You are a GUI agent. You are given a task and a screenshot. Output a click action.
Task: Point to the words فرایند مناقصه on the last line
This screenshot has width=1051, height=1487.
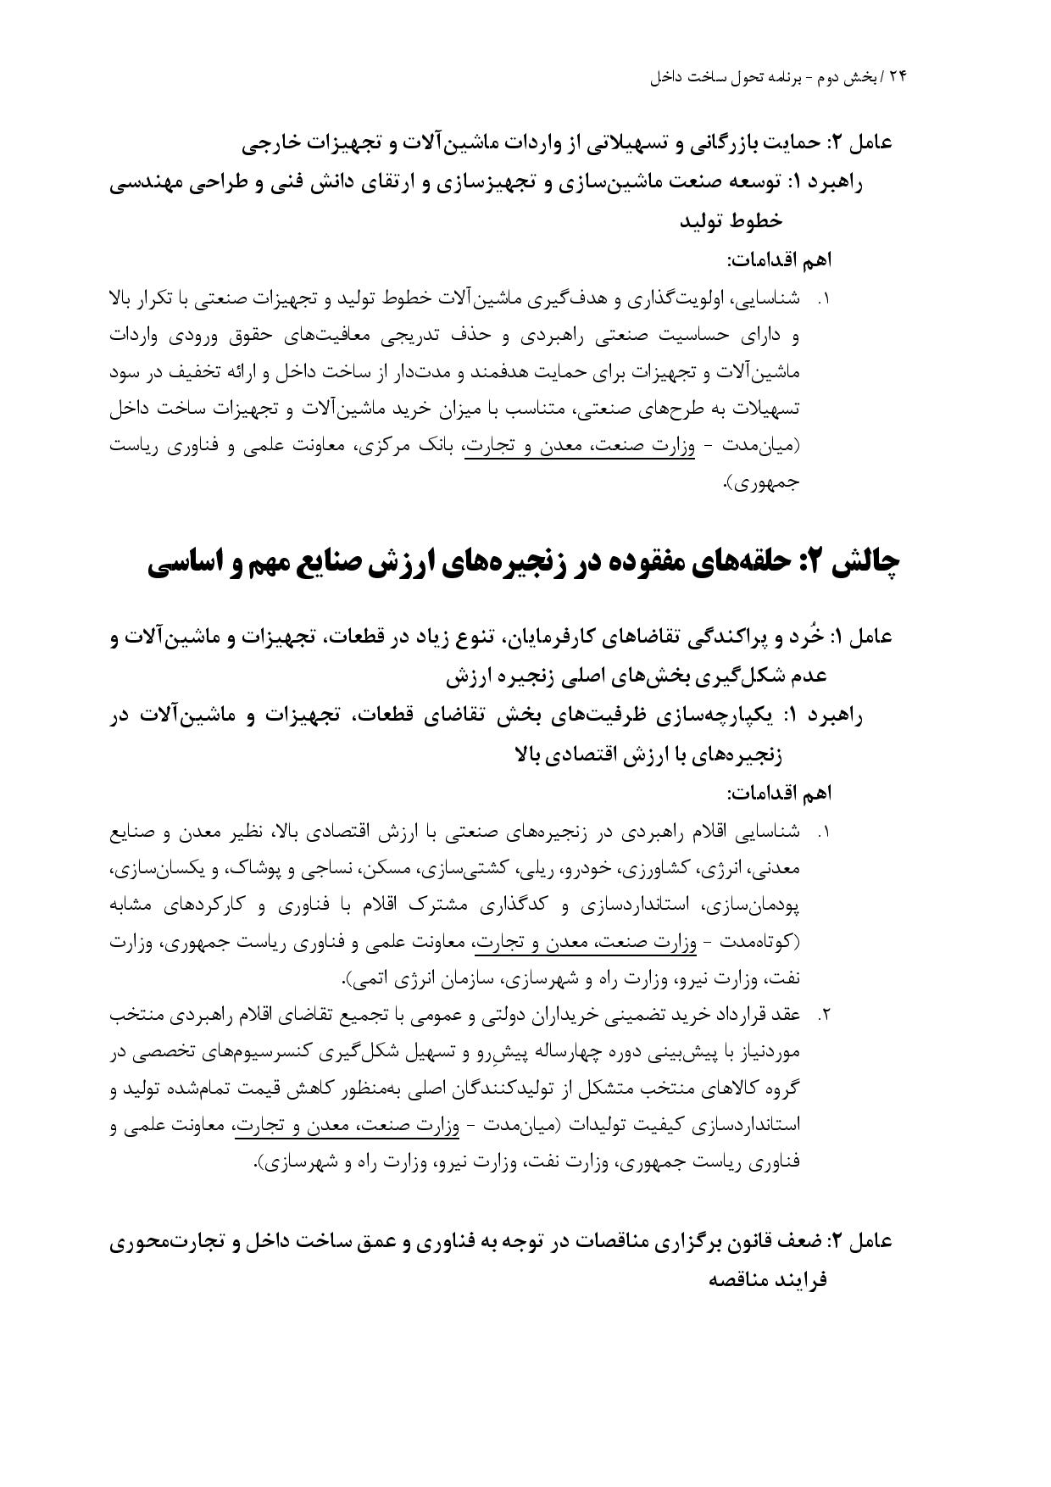click(x=768, y=1279)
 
